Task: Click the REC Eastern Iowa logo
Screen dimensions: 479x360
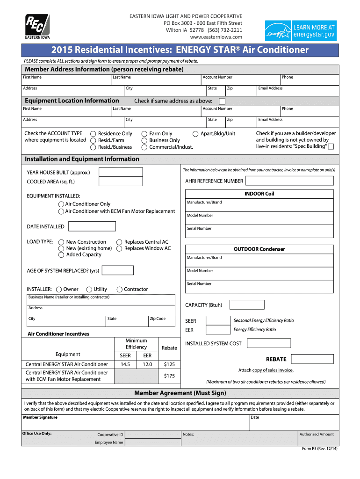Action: click(x=37, y=26)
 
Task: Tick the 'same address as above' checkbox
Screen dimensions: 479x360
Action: click(x=222, y=101)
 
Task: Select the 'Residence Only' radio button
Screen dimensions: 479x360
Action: click(x=94, y=134)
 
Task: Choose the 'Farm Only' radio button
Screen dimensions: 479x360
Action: click(x=144, y=134)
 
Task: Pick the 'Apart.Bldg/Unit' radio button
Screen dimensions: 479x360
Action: click(x=195, y=134)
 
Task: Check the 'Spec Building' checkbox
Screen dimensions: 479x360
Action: click(x=331, y=147)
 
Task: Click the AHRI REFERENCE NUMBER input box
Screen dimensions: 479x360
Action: click(x=289, y=181)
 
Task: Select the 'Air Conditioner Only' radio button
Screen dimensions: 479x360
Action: click(x=61, y=204)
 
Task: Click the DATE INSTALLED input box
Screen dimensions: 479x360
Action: click(x=92, y=226)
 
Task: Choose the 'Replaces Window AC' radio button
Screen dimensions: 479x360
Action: click(x=120, y=248)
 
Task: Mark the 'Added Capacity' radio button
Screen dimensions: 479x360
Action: click(x=61, y=255)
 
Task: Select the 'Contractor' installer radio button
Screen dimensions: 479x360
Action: click(x=120, y=290)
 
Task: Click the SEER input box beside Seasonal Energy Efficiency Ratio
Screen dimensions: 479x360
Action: click(x=218, y=320)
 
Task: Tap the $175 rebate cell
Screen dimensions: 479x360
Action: click(x=169, y=376)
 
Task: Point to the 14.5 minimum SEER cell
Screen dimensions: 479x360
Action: click(x=125, y=364)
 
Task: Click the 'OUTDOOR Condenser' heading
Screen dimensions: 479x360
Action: click(x=259, y=249)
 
